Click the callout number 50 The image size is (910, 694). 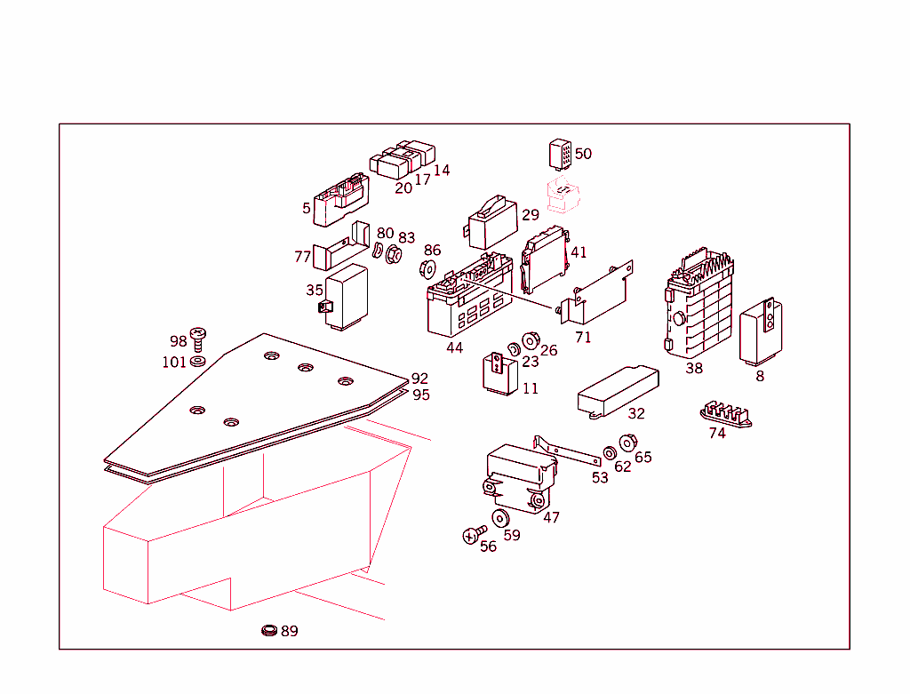(x=583, y=154)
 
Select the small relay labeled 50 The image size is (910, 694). (x=561, y=154)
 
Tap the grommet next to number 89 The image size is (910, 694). (x=268, y=631)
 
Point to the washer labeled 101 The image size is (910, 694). (x=199, y=361)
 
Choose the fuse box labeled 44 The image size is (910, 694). (x=468, y=299)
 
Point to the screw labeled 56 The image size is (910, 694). (x=473, y=535)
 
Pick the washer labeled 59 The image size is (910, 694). (x=500, y=519)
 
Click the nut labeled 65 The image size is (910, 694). (x=627, y=443)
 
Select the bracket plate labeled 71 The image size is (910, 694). (x=603, y=292)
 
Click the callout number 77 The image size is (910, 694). (x=303, y=257)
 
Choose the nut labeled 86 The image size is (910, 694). (x=428, y=268)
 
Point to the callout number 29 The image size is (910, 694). (x=531, y=215)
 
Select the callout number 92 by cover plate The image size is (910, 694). (x=419, y=379)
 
